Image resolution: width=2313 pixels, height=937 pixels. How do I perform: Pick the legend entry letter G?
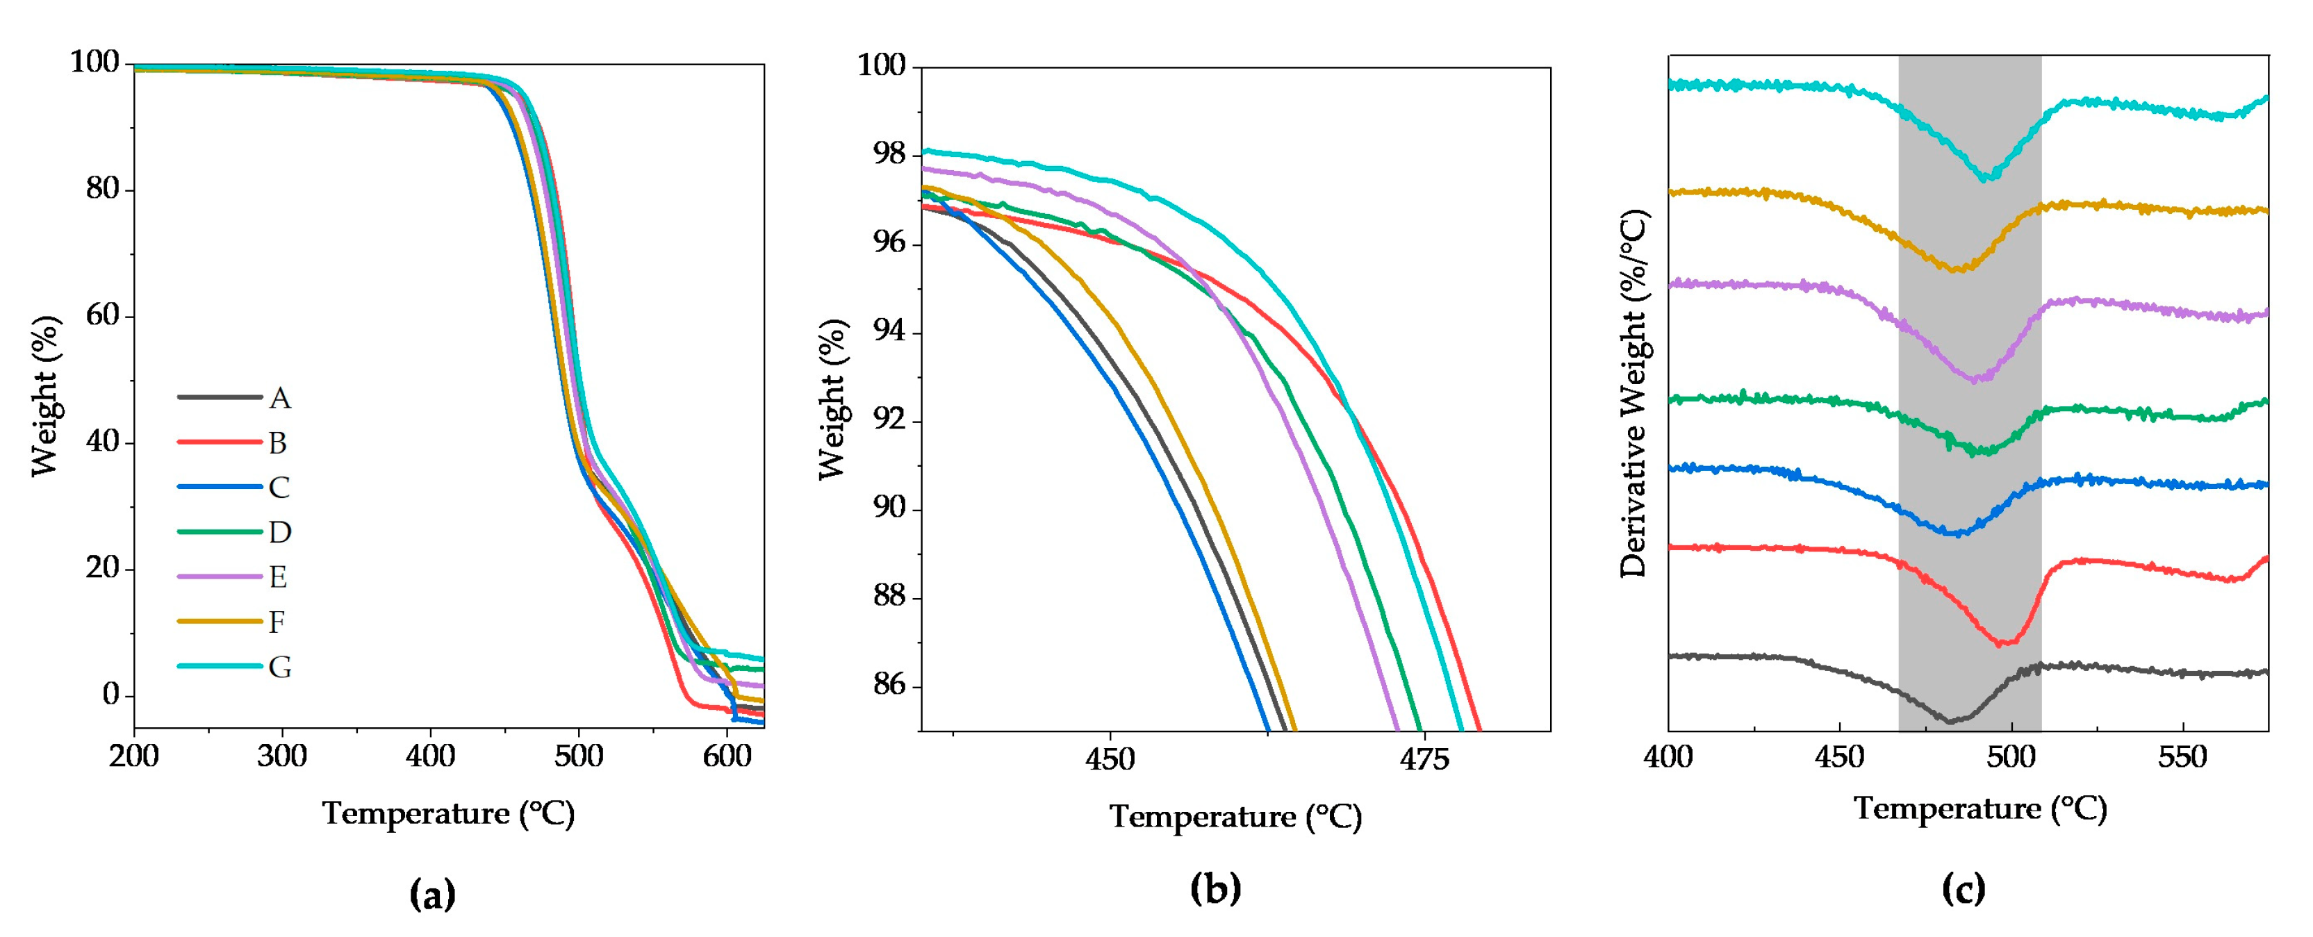pos(279,667)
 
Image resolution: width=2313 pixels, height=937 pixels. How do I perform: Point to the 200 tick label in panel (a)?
pos(134,756)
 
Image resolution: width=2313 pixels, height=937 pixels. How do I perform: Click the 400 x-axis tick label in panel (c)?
pos(1668,756)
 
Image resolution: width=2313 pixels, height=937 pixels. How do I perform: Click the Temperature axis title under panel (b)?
pos(1235,816)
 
